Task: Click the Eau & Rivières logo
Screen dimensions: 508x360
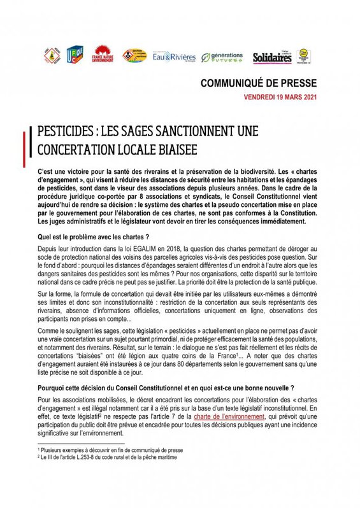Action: (x=173, y=57)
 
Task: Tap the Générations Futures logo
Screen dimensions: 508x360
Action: (x=222, y=57)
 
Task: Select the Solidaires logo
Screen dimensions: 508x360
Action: (x=272, y=57)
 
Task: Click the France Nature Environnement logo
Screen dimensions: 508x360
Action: (x=103, y=55)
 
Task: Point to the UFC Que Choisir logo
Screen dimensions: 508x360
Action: (x=75, y=55)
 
